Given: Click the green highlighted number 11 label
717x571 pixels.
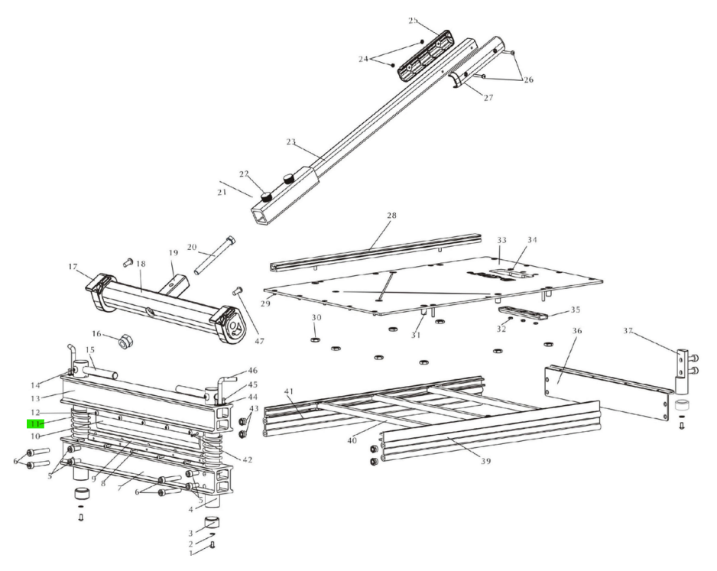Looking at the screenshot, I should [35, 423].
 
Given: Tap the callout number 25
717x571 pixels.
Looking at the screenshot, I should [413, 20].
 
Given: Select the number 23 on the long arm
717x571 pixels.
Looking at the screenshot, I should [290, 141].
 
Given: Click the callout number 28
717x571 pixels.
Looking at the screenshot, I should [391, 216].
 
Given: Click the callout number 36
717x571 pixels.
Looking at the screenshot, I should [576, 331].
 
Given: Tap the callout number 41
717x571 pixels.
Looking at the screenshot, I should [289, 392].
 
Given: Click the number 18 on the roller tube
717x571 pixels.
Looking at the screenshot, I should [141, 264].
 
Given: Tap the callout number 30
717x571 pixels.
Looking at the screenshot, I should [316, 317].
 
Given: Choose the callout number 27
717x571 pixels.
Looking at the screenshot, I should [488, 98].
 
